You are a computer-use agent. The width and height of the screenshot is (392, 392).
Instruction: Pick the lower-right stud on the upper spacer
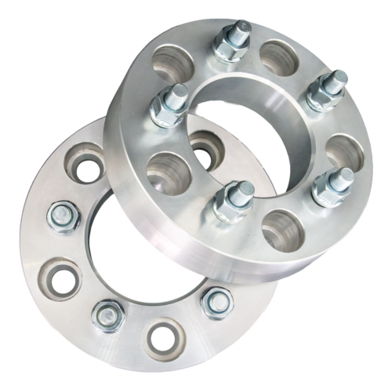(x=342, y=179)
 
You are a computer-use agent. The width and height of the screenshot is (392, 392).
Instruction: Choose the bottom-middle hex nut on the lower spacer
(x=108, y=315)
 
